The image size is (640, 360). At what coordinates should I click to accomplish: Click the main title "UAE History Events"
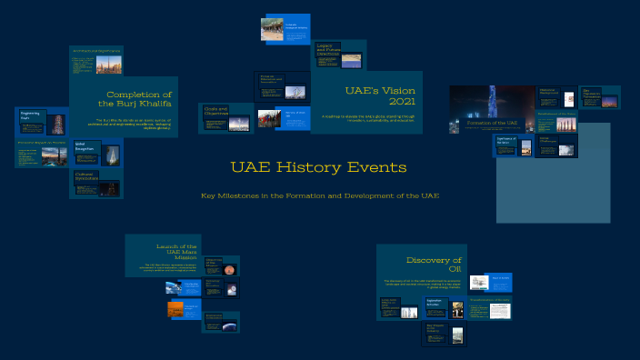318,168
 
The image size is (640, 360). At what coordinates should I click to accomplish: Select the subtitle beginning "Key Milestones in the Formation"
320,195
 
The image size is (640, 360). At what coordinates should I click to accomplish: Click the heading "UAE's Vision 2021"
367,95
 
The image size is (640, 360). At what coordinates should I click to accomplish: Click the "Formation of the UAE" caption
492,122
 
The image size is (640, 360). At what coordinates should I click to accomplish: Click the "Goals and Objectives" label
216,109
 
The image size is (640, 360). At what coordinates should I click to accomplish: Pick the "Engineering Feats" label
31,115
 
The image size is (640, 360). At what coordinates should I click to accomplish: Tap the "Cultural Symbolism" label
85,175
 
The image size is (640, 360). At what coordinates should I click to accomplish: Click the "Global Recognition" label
85,145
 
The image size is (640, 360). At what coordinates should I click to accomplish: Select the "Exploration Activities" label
435,301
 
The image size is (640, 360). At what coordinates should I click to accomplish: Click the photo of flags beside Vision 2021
267,119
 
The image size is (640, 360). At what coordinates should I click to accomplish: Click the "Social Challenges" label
549,139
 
